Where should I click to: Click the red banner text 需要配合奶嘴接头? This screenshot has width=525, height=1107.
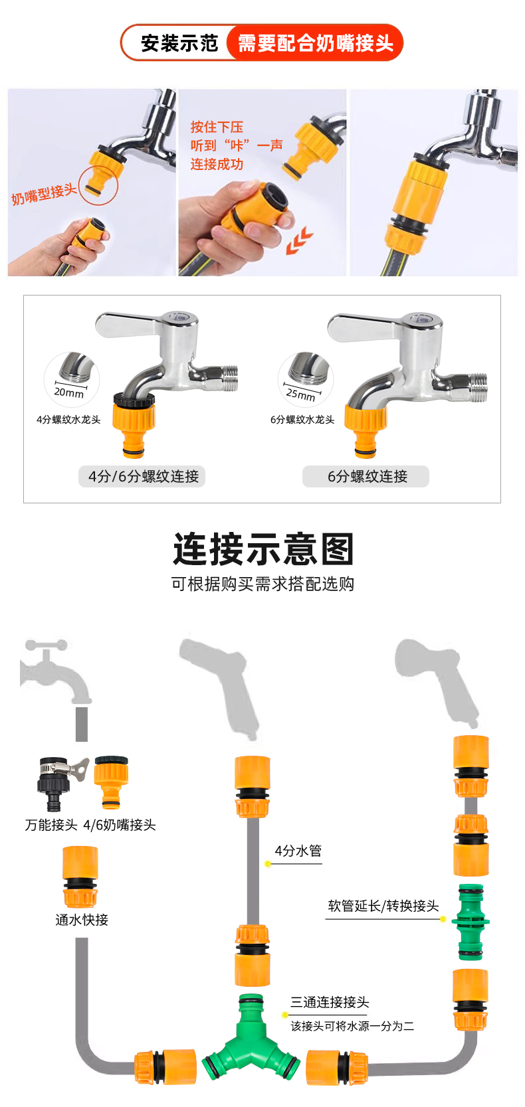click(x=316, y=43)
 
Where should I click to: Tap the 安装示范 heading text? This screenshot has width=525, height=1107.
click(x=179, y=43)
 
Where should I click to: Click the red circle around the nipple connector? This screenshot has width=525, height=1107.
click(x=98, y=185)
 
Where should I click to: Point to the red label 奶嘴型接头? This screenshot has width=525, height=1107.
click(x=43, y=194)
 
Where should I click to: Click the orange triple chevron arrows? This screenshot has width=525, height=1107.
click(x=299, y=240)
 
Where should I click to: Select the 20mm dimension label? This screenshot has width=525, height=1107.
click(x=68, y=392)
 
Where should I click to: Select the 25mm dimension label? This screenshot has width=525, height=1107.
click(x=300, y=394)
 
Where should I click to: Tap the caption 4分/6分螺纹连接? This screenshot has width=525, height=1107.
click(x=144, y=476)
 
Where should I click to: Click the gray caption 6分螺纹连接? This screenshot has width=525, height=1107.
click(x=367, y=476)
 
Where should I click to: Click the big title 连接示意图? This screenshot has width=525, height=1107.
click(x=263, y=549)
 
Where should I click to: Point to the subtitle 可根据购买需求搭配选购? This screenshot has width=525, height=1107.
click(x=262, y=584)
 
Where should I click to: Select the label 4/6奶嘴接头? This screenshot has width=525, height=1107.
click(x=120, y=825)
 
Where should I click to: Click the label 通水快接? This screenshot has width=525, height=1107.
click(x=82, y=920)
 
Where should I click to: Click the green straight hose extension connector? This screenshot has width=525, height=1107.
click(x=470, y=922)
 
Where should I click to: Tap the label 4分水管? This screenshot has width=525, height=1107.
click(x=298, y=851)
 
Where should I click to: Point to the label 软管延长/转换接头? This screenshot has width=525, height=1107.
click(x=383, y=906)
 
